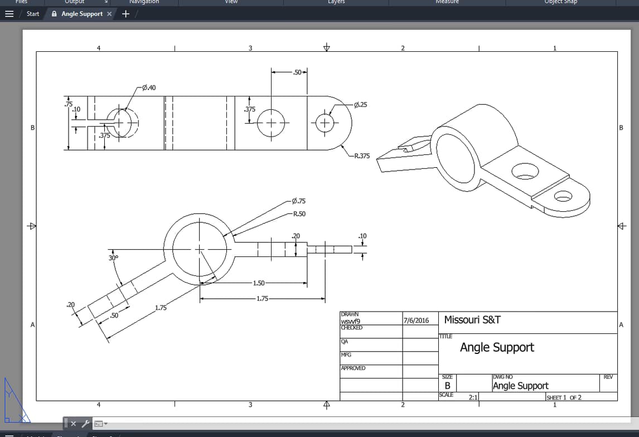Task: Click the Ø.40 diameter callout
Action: (149, 88)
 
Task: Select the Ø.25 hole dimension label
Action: (361, 105)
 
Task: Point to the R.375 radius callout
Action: (362, 156)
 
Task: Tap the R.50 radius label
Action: (299, 214)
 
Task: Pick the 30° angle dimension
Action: (114, 258)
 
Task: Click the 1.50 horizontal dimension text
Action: (259, 283)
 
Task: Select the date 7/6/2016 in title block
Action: (416, 321)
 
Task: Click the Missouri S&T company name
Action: (472, 320)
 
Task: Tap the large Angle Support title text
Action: (497, 348)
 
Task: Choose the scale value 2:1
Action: (473, 397)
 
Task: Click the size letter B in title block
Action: (447, 386)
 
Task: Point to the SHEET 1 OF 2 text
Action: (564, 397)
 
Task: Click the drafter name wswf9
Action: (351, 321)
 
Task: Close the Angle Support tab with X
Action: (109, 14)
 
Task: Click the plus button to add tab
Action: (125, 14)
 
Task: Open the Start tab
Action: (33, 14)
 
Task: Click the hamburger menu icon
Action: (9, 14)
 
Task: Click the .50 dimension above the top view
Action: (297, 72)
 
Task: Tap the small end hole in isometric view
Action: (563, 196)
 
